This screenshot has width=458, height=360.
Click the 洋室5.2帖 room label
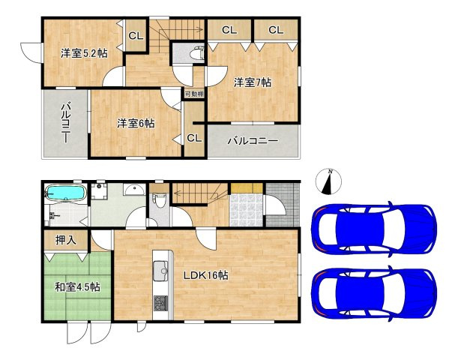tap(84, 53)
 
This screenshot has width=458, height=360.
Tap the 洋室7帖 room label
tap(253, 82)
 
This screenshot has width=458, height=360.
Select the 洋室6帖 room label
tap(136, 123)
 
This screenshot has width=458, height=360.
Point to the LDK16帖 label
tap(206, 275)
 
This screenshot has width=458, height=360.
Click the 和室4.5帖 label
tap(78, 287)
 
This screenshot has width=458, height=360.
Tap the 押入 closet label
tap(66, 240)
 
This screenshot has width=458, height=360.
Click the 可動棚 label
tap(194, 94)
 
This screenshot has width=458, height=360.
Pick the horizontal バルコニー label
tap(253, 141)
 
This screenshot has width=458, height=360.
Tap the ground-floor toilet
tap(159, 199)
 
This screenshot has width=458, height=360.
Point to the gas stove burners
tap(161, 303)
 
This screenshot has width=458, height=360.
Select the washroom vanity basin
tap(134, 190)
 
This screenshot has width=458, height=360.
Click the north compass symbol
tap(328, 181)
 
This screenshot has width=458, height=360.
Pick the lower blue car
tap(374, 294)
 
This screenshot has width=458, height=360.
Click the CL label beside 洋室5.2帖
tap(136, 36)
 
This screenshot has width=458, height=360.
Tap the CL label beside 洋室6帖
tap(194, 138)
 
